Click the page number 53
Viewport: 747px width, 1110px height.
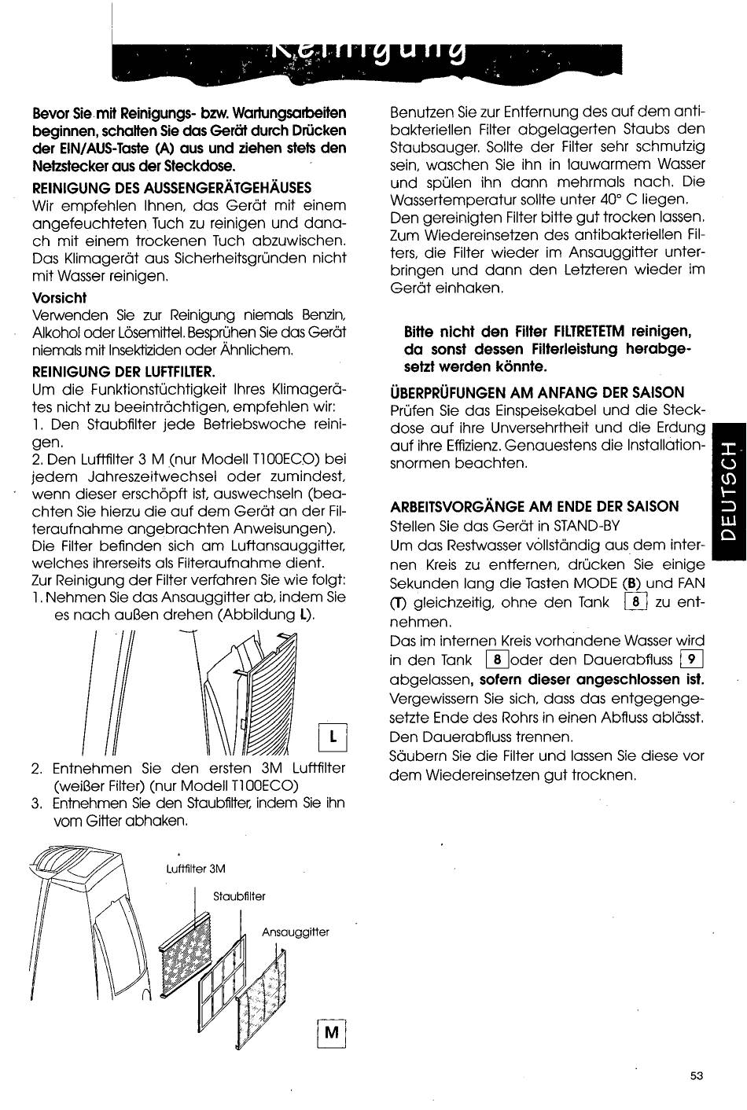tap(696, 1076)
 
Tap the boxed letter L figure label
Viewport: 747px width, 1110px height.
tap(333, 737)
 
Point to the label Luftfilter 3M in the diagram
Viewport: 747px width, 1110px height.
tap(196, 869)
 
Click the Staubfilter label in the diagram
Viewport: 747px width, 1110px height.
tap(239, 896)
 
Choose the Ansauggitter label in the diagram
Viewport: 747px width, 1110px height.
tap(295, 932)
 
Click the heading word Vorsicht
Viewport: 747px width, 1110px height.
tap(59, 297)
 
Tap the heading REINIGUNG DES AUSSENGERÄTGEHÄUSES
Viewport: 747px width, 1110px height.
tap(171, 187)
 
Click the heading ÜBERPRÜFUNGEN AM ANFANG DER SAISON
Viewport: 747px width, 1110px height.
tap(537, 392)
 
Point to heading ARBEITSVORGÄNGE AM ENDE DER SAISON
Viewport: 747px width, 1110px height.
tap(534, 506)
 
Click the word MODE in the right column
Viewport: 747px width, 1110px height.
tap(595, 583)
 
